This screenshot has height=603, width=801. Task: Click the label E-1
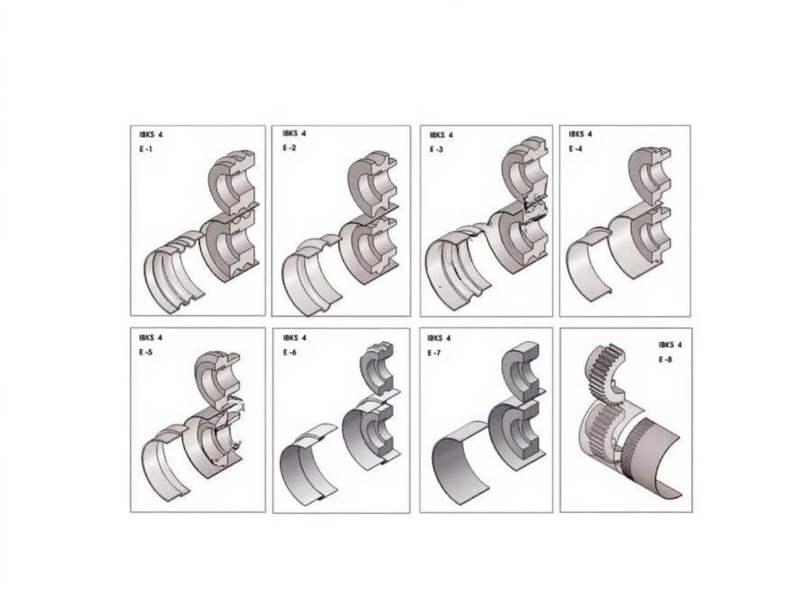[x=145, y=149]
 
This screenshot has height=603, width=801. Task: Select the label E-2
[x=289, y=148]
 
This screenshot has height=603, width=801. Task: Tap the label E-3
[x=436, y=149]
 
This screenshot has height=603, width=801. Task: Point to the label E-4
[x=575, y=149]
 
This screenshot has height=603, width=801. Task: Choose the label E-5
[x=145, y=352]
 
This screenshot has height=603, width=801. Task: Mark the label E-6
[x=289, y=352]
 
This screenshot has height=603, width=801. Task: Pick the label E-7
[x=433, y=353]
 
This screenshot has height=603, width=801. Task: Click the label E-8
[x=665, y=360]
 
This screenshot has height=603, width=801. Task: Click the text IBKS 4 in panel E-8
[x=670, y=345]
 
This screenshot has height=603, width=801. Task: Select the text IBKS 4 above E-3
[x=441, y=135]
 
